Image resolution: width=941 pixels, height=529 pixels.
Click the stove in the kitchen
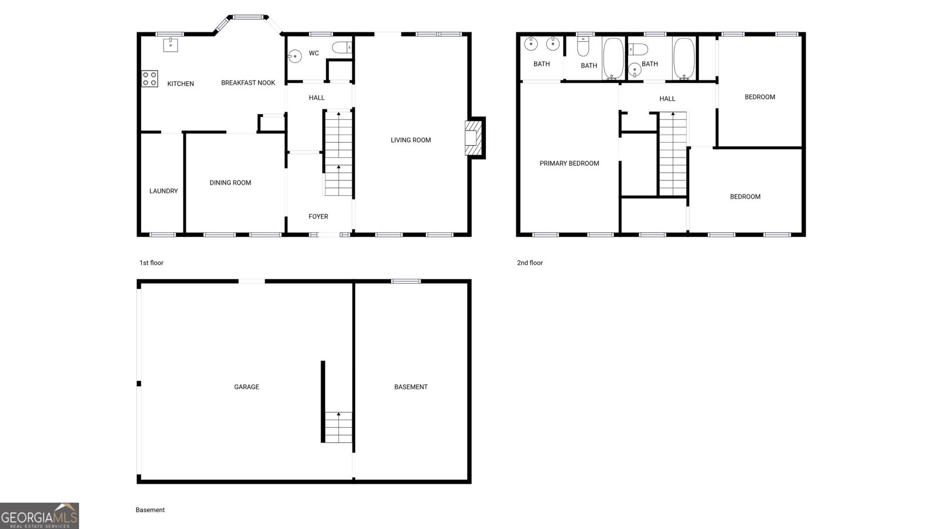click(149, 79)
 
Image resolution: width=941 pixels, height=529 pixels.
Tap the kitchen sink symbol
click(171, 45)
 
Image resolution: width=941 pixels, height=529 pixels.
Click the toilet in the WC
click(342, 48)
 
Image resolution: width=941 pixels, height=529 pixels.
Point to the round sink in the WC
click(295, 56)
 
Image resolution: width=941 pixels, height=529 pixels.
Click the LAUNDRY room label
click(163, 191)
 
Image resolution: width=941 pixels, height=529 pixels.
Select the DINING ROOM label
click(230, 183)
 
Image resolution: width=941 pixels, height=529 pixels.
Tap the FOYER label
click(318, 217)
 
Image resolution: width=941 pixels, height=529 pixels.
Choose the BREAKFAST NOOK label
click(248, 83)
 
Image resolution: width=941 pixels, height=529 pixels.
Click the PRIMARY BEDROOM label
click(569, 163)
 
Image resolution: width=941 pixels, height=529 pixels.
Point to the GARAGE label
click(246, 387)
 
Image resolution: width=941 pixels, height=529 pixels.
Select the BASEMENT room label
click(411, 387)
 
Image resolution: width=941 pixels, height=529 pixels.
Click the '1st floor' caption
click(151, 263)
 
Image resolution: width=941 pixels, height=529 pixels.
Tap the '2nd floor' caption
click(530, 263)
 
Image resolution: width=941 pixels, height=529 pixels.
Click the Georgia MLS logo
click(39, 516)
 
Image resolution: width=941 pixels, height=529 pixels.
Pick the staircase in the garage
click(338, 427)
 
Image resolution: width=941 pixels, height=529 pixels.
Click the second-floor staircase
click(673, 153)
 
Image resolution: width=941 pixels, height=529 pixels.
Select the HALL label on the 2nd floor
click(667, 99)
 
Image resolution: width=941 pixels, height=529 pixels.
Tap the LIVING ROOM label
click(411, 140)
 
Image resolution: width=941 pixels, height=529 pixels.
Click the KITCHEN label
click(181, 84)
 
